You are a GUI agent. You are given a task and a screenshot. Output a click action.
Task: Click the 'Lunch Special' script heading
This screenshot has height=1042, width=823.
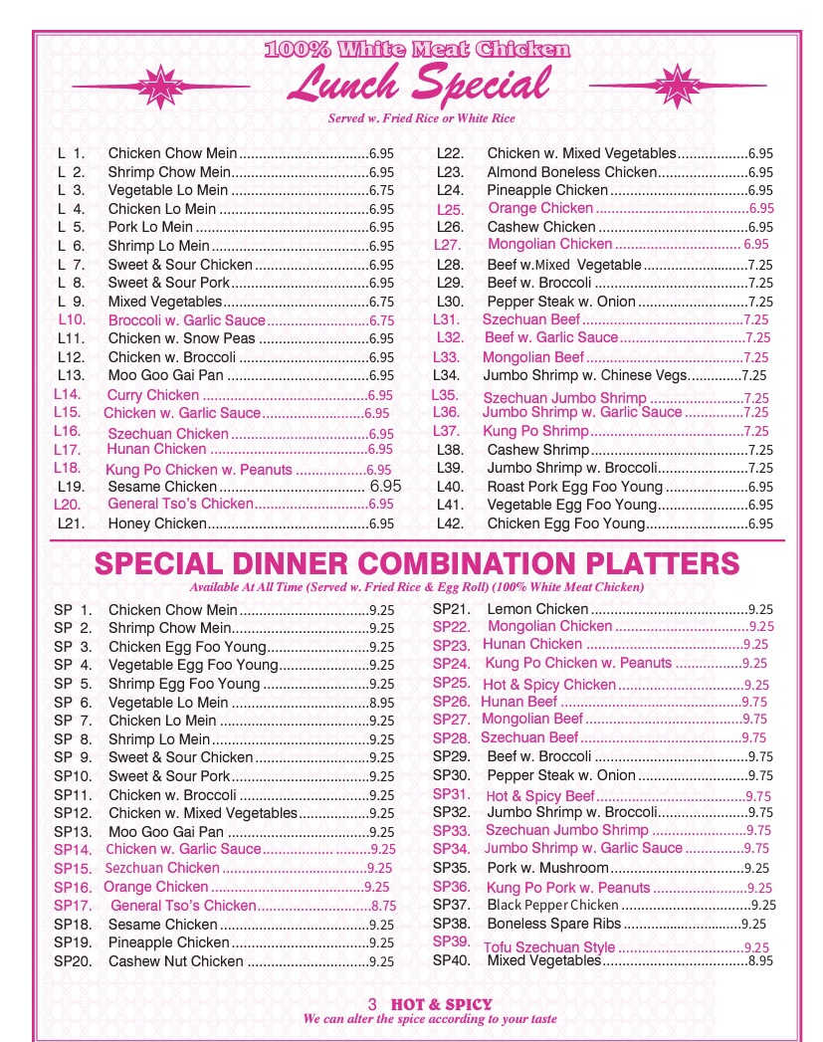418,85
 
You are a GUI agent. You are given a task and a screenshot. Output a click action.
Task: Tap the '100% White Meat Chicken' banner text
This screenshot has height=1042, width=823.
418,49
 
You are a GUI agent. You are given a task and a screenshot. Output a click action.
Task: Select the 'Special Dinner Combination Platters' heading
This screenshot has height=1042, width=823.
417,563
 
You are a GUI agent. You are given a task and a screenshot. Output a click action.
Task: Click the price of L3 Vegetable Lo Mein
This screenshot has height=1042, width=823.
381,191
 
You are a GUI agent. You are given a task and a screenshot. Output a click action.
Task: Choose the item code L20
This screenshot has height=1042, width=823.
67,505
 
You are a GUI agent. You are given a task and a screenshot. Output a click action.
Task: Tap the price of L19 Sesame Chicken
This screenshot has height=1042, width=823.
385,487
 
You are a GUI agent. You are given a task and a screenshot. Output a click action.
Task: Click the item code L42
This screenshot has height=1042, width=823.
451,523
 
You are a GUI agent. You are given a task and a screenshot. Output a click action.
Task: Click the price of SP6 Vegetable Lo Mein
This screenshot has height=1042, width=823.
381,703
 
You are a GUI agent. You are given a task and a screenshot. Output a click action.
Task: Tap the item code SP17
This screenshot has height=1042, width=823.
73,906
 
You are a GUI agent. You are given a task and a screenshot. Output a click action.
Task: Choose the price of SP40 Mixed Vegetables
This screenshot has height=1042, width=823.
760,961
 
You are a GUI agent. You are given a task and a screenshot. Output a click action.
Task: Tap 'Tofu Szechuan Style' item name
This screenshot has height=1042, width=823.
550,947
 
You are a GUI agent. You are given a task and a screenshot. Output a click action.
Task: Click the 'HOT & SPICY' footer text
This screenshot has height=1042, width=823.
442,1004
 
